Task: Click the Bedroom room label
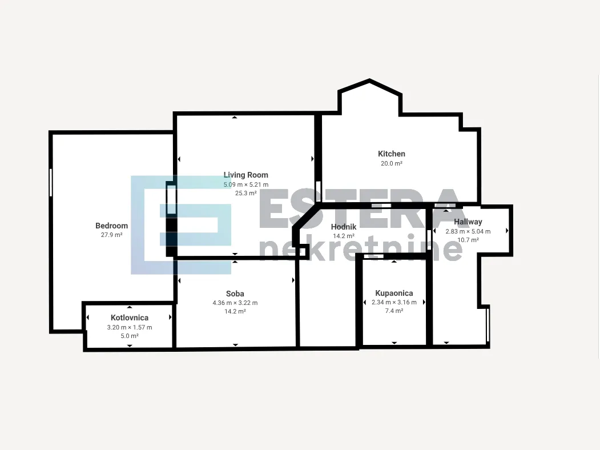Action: [111, 226]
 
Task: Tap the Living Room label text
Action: [245, 175]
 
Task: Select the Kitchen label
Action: [392, 154]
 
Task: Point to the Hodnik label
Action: [344, 227]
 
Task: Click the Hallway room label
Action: [468, 222]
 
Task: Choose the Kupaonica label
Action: [394, 293]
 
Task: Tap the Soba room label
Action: [235, 294]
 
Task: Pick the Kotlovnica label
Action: [130, 318]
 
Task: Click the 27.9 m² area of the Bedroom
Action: [112, 235]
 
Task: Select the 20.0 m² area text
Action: [392, 163]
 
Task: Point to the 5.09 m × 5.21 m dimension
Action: [246, 184]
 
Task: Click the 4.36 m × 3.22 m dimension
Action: [235, 303]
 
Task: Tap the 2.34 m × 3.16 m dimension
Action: [394, 302]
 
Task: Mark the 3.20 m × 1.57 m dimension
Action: [130, 328]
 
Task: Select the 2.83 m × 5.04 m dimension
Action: [468, 231]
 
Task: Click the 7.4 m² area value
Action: [394, 311]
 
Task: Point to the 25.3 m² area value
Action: [245, 193]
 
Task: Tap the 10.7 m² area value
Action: [468, 240]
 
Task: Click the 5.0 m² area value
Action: [130, 336]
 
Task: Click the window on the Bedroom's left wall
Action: [51, 183]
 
